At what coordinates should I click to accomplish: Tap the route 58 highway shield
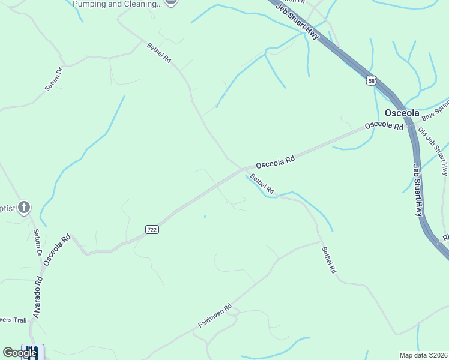(372, 80)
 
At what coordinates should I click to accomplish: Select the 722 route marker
(152, 229)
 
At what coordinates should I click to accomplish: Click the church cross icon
(24, 208)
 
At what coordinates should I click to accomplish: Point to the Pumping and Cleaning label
(117, 4)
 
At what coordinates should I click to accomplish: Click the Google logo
(20, 353)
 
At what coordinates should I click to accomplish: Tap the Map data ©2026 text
(424, 355)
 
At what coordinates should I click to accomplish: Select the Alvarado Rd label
(38, 296)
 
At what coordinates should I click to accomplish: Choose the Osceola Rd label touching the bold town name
(384, 125)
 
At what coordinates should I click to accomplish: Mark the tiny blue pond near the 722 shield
(205, 217)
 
